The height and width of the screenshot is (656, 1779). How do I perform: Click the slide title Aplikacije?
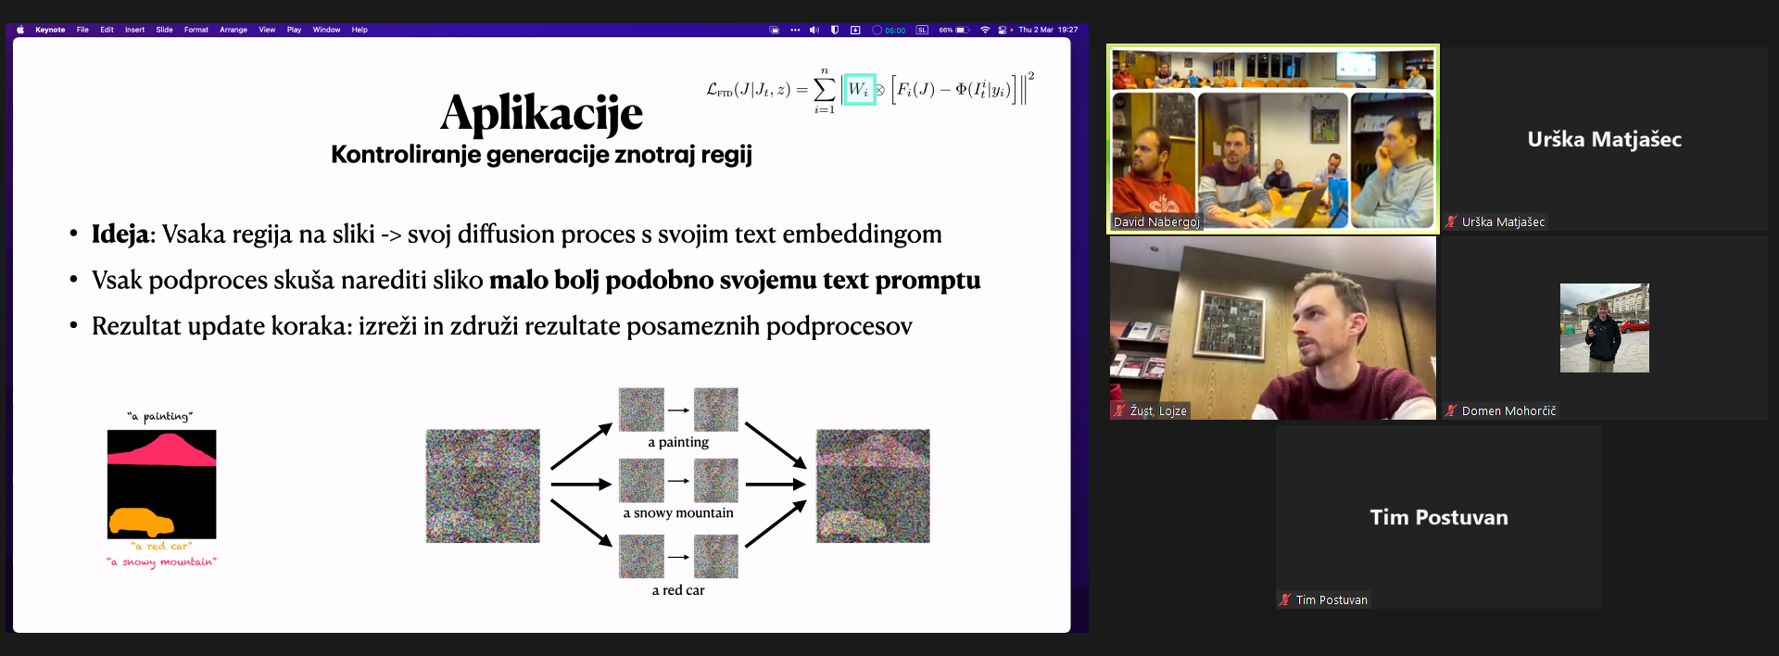[541, 114]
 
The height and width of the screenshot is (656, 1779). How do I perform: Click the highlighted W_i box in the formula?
[859, 89]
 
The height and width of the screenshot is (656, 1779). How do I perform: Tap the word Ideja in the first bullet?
[120, 234]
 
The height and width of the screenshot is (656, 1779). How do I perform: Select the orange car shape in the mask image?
[141, 522]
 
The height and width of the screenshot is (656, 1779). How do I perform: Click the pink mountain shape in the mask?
[162, 449]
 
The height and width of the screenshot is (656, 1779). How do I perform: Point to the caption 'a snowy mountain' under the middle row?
[678, 513]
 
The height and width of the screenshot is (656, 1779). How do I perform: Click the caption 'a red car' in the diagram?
[678, 590]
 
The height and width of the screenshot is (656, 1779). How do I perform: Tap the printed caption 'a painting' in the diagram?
[678, 443]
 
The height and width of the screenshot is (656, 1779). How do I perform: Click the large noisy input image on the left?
[483, 486]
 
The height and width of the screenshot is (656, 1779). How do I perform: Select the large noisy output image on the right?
[873, 486]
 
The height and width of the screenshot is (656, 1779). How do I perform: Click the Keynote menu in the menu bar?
[50, 30]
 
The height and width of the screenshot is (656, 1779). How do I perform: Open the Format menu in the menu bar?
[196, 30]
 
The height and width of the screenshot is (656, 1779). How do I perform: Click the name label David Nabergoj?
[1156, 222]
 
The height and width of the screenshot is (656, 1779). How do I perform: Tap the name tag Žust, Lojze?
[1158, 411]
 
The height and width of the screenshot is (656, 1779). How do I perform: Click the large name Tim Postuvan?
[1439, 518]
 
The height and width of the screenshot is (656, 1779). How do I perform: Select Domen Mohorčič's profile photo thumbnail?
[1605, 328]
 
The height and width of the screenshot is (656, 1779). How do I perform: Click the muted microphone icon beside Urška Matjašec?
[1452, 222]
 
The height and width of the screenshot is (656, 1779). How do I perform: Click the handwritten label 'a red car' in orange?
[162, 546]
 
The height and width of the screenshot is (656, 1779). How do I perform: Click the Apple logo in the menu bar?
[20, 30]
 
